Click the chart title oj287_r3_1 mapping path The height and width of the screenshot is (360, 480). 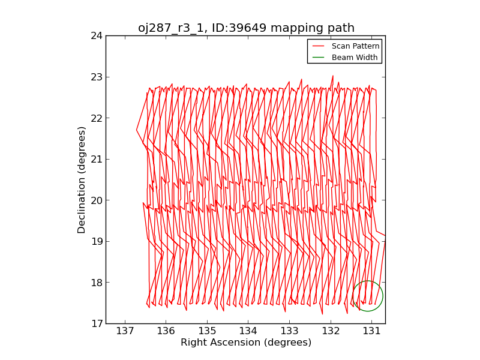(246, 28)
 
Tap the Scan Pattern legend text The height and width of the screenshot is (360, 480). (355, 46)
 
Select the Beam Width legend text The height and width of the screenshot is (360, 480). (355, 58)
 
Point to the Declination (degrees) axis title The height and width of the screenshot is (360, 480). (82, 179)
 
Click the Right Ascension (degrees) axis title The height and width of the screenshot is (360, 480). (246, 343)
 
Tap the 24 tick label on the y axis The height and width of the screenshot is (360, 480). (96, 35)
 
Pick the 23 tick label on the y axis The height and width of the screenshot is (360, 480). (96, 77)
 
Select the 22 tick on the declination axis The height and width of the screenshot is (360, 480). (96, 118)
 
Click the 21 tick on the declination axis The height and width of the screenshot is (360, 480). (96, 159)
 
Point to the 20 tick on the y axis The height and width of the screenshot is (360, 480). (96, 200)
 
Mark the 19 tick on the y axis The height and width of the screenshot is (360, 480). (96, 241)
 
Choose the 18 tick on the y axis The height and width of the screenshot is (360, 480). (96, 283)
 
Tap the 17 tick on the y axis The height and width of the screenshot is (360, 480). (96, 324)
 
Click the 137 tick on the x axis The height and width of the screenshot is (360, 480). (125, 331)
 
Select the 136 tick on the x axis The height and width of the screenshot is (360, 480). (166, 331)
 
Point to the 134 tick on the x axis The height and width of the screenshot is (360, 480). (248, 331)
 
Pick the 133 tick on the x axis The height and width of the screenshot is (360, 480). (289, 331)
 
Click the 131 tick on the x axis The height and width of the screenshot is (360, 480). (371, 331)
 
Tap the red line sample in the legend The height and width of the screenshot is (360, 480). (319, 46)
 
